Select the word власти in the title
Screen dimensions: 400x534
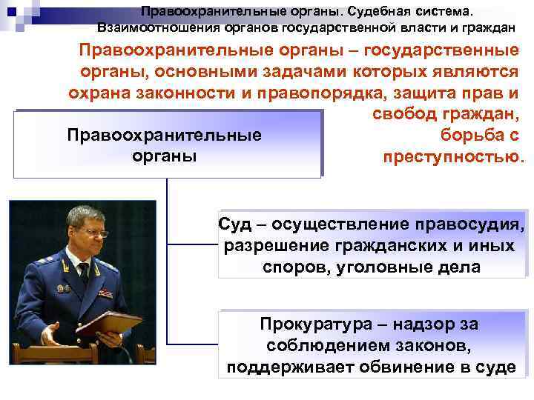point(425,28)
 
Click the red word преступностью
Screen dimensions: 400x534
point(454,157)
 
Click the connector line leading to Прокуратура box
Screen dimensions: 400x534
point(193,344)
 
